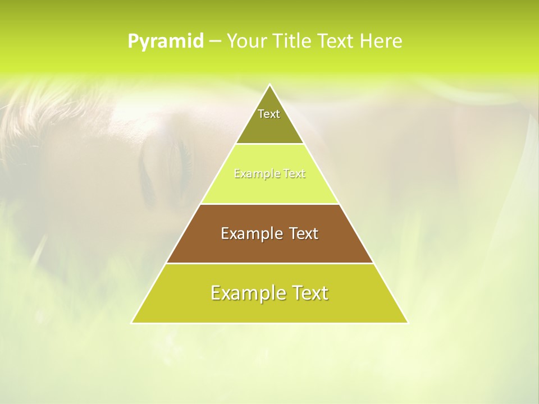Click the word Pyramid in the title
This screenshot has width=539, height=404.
point(165,42)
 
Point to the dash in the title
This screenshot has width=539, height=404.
point(214,42)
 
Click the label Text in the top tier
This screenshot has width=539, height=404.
point(269,114)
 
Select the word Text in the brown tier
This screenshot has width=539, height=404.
point(303,233)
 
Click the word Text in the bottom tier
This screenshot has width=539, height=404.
point(309,293)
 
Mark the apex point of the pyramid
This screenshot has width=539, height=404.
point(269,85)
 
